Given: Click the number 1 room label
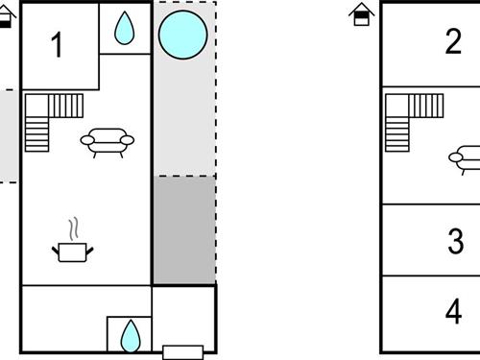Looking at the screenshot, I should pyautogui.click(x=58, y=45).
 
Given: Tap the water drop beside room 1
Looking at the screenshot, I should pyautogui.click(x=125, y=29).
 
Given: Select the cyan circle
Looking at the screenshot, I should pyautogui.click(x=182, y=35).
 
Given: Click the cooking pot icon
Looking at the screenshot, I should pyautogui.click(x=73, y=251).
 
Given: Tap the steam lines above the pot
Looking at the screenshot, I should pyautogui.click(x=73, y=228).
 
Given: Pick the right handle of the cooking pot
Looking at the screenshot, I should pyautogui.click(x=91, y=250).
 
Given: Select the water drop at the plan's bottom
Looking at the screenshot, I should pyautogui.click(x=129, y=335).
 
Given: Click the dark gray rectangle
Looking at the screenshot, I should pyautogui.click(x=184, y=230).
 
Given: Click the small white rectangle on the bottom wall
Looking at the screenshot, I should pyautogui.click(x=182, y=350).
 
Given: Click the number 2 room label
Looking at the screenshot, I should pyautogui.click(x=453, y=42).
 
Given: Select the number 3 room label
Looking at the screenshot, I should pyautogui.click(x=455, y=241).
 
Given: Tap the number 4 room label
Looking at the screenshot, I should pyautogui.click(x=454, y=312).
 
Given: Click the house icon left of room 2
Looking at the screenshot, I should pyautogui.click(x=361, y=13).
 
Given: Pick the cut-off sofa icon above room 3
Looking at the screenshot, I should pyautogui.click(x=467, y=156).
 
